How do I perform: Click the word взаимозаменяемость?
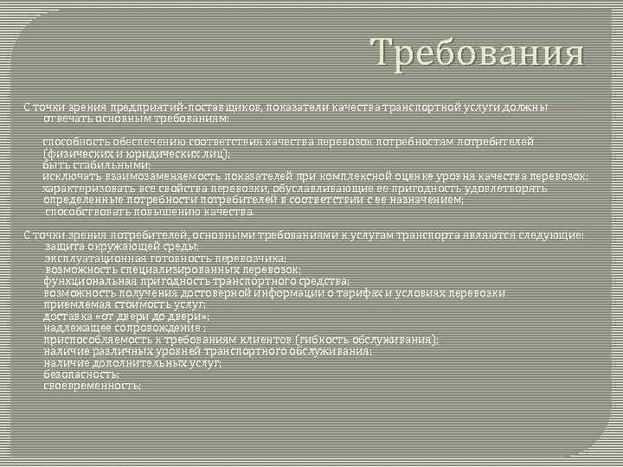[x=151, y=176]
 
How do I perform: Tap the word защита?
[x=63, y=246]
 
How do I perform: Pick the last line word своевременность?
[x=92, y=387]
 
